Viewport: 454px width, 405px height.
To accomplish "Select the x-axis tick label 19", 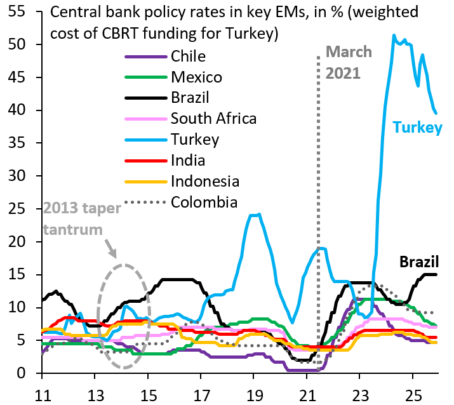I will (253, 392).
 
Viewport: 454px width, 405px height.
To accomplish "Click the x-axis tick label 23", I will (359, 392).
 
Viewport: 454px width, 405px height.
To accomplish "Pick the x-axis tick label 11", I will (41, 392).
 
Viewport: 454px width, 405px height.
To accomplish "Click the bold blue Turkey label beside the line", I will (417, 128).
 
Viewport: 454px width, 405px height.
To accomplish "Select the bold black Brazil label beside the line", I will (419, 261).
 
